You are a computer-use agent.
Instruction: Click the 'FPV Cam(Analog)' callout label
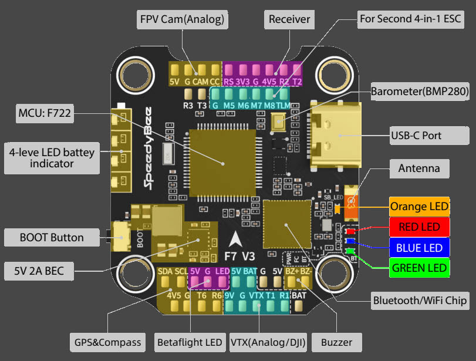click(182, 19)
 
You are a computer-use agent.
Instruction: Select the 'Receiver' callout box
click(289, 19)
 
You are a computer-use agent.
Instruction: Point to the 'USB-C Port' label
click(416, 135)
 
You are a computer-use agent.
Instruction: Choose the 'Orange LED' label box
click(420, 207)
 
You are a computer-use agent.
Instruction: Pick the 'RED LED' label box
click(420, 227)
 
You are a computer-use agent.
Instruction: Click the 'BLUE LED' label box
click(420, 248)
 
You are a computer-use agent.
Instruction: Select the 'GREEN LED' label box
click(420, 268)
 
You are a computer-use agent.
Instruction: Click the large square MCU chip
click(222, 158)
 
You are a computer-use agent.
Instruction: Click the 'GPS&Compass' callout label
click(108, 342)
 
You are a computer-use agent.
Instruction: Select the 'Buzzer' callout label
click(337, 342)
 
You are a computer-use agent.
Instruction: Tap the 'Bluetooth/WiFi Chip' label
click(420, 301)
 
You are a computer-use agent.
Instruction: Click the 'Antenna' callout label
click(419, 168)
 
